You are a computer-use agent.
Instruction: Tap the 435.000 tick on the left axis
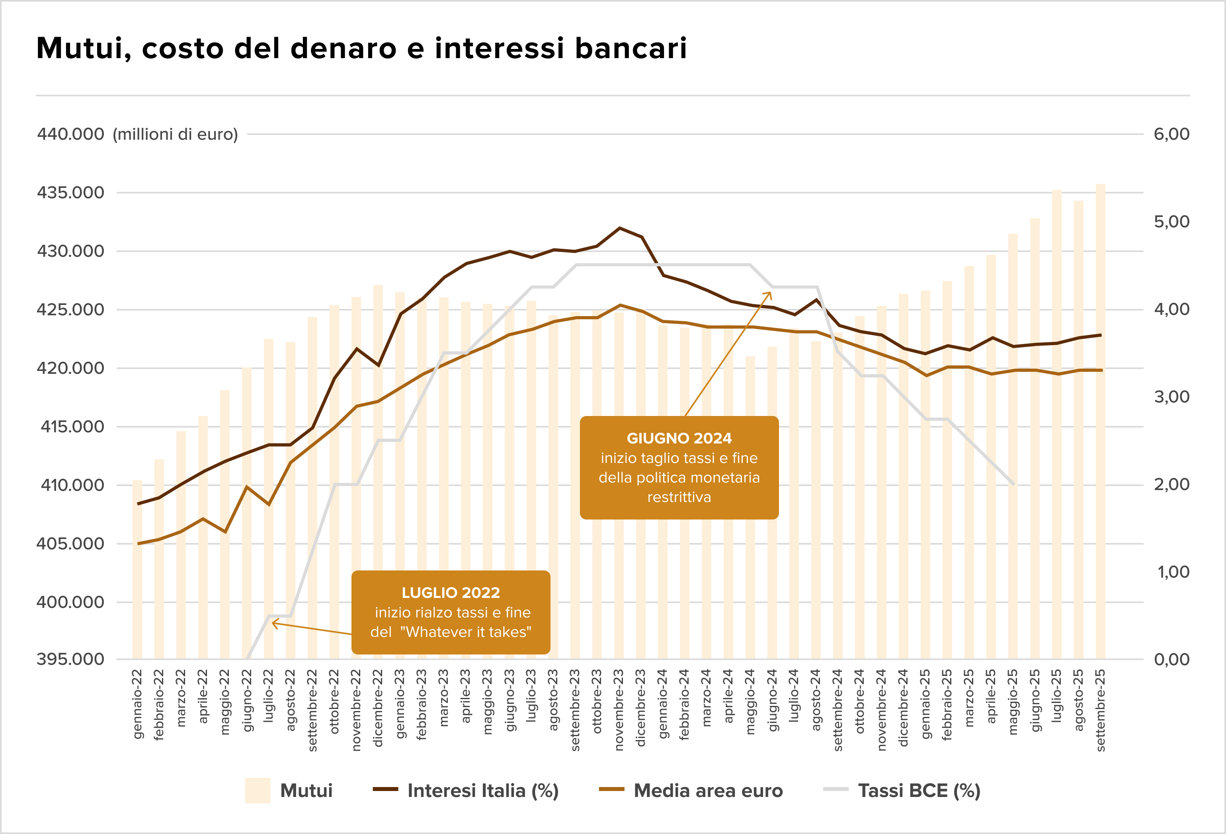(x=70, y=193)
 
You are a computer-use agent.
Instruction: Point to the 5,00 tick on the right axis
(x=1171, y=222)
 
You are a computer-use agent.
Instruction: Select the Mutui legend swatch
(x=258, y=790)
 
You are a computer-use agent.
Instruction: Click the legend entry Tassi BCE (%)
(x=918, y=790)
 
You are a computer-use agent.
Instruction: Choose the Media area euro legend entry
(x=708, y=790)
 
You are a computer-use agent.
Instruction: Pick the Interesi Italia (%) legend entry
(x=483, y=790)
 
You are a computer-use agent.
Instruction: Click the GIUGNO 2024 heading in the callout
(x=679, y=438)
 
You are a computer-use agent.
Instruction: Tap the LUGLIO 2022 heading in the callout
(x=451, y=592)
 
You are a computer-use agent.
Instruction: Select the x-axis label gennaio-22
(x=137, y=704)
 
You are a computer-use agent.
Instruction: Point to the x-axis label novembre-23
(x=619, y=709)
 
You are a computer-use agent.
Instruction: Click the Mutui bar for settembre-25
(x=1101, y=422)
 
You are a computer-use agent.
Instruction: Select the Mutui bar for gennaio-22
(x=137, y=570)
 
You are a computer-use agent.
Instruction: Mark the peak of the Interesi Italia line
(x=619, y=228)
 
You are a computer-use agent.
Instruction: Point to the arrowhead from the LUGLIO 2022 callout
(x=274, y=623)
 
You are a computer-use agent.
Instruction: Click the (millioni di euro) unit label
(x=175, y=135)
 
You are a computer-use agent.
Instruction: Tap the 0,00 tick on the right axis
(x=1171, y=659)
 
